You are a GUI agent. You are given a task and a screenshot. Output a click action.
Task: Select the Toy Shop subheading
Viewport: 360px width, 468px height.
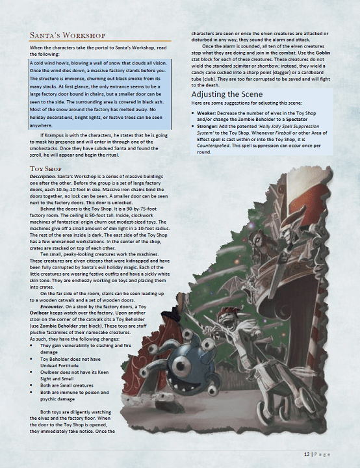(46, 169)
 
